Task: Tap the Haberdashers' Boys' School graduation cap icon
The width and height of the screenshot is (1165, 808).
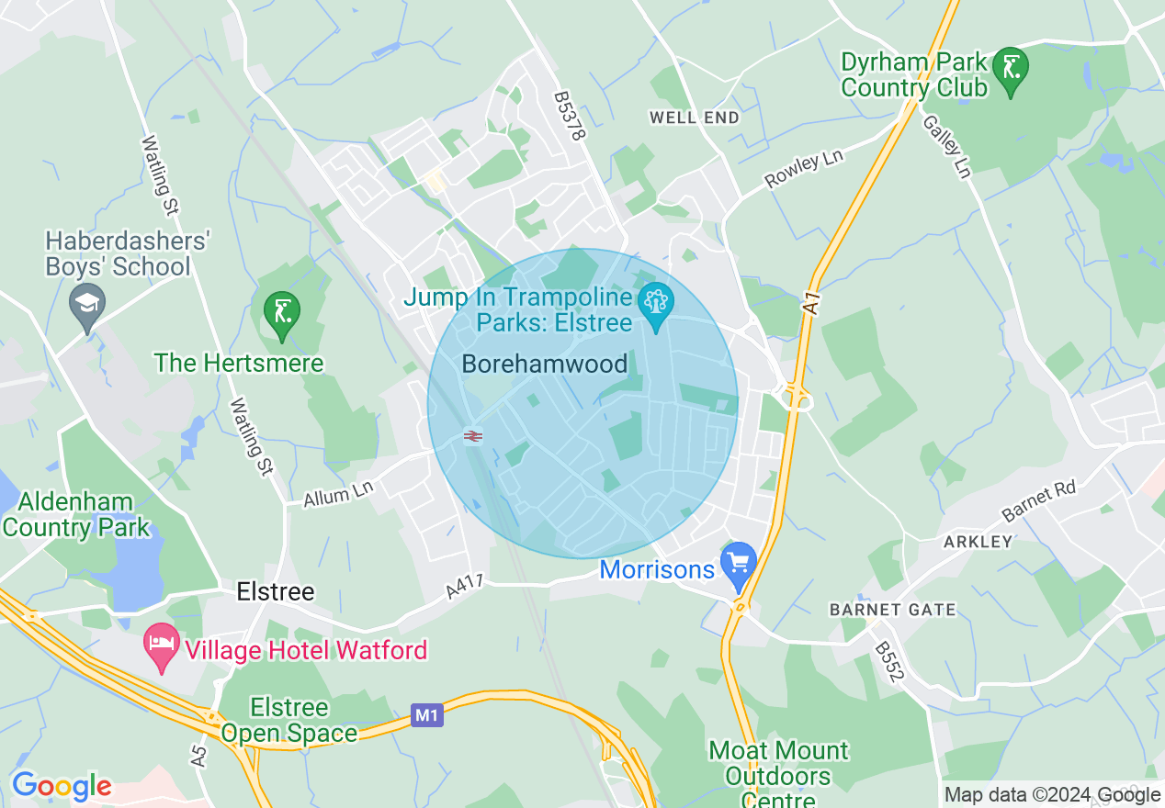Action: pos(87,304)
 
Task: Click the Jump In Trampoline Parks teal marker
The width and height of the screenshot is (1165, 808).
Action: pos(656,303)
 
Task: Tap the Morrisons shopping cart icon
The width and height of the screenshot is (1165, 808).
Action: pos(738,562)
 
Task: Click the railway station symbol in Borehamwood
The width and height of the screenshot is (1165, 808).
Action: pos(473,436)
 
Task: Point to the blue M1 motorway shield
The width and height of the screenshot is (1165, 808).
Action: pos(426,714)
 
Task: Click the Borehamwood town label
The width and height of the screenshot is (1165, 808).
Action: pos(545,364)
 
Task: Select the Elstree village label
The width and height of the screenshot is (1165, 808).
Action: pos(276,591)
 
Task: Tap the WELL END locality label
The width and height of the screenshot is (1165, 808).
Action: pos(695,118)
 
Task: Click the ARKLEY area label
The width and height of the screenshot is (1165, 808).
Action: pos(978,542)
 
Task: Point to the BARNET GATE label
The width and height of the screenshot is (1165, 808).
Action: pos(892,610)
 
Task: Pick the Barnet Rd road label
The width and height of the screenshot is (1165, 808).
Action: pos(1038,499)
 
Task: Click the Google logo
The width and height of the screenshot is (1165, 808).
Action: pos(61,786)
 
